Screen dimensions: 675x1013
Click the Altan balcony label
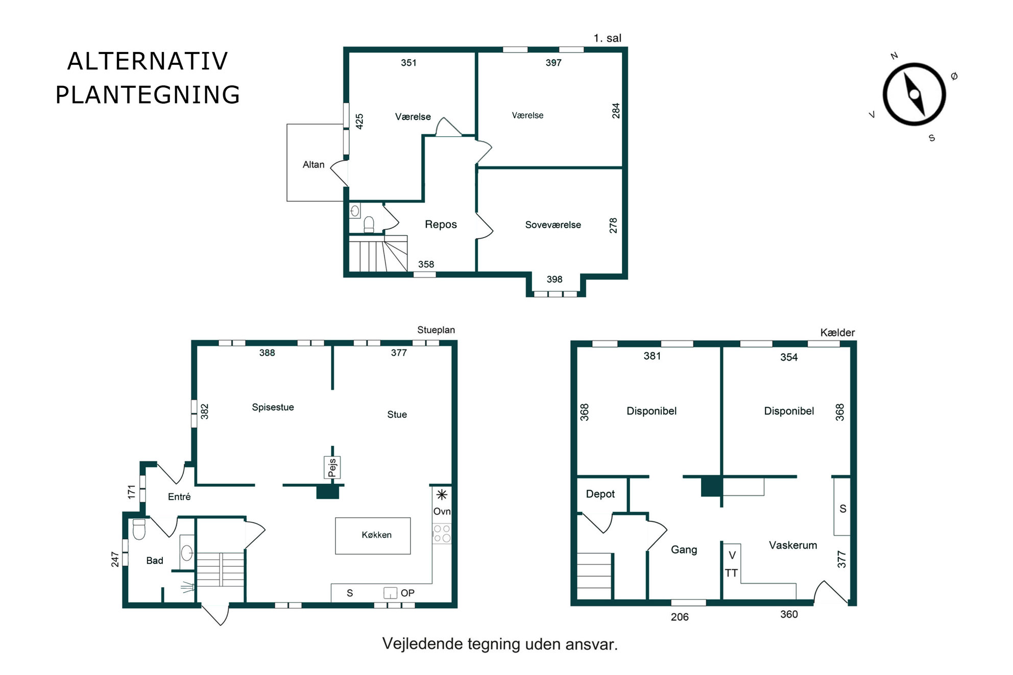(x=313, y=165)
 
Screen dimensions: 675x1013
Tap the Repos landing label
(x=441, y=224)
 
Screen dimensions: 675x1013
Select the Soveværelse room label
(x=553, y=225)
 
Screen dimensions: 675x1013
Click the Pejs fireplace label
(x=332, y=467)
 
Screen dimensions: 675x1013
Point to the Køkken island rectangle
(x=373, y=536)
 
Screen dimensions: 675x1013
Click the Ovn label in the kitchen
(x=442, y=511)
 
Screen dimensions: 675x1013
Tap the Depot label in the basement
(x=600, y=494)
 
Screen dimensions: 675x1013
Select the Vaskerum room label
(x=792, y=545)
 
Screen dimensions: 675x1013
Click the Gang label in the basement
(x=684, y=549)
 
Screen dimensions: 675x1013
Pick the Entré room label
(x=179, y=497)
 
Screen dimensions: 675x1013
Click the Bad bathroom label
(x=155, y=561)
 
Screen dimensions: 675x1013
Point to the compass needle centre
(x=914, y=94)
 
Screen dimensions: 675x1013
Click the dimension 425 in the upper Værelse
(x=359, y=121)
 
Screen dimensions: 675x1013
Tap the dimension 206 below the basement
(x=680, y=617)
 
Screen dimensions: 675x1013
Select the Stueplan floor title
(x=436, y=330)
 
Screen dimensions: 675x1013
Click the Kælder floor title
(x=837, y=333)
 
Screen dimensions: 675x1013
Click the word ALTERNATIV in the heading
(x=148, y=62)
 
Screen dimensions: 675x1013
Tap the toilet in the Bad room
(x=139, y=529)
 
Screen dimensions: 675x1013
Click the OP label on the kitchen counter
(x=407, y=593)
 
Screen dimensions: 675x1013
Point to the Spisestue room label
(x=273, y=407)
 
